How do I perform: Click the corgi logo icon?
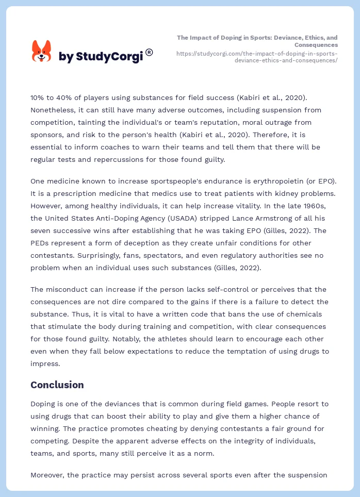pos(42,51)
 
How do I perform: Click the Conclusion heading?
pos(57,385)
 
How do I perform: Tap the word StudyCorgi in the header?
pos(109,57)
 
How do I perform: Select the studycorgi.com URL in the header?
pos(257,57)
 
